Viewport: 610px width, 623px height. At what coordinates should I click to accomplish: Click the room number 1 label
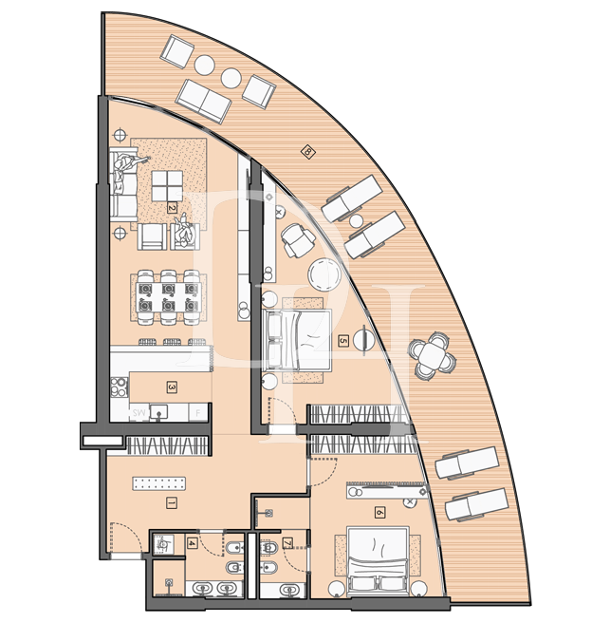(x=171, y=503)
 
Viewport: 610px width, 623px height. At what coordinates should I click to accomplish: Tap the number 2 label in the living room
(x=172, y=206)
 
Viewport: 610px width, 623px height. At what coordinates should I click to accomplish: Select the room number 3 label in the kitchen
(x=172, y=387)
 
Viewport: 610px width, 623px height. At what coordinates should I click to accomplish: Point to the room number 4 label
(x=194, y=543)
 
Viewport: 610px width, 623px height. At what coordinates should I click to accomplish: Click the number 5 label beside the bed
(x=342, y=338)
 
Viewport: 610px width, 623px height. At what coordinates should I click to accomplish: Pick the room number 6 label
(x=380, y=512)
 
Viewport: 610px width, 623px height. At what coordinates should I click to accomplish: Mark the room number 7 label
(x=287, y=543)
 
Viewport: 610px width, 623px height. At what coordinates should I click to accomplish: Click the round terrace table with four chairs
(x=433, y=356)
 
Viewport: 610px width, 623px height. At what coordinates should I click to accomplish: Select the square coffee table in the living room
(x=170, y=184)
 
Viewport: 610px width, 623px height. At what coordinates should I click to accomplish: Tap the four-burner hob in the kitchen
(x=120, y=387)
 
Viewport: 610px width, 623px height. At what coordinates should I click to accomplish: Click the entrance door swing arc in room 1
(x=124, y=534)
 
